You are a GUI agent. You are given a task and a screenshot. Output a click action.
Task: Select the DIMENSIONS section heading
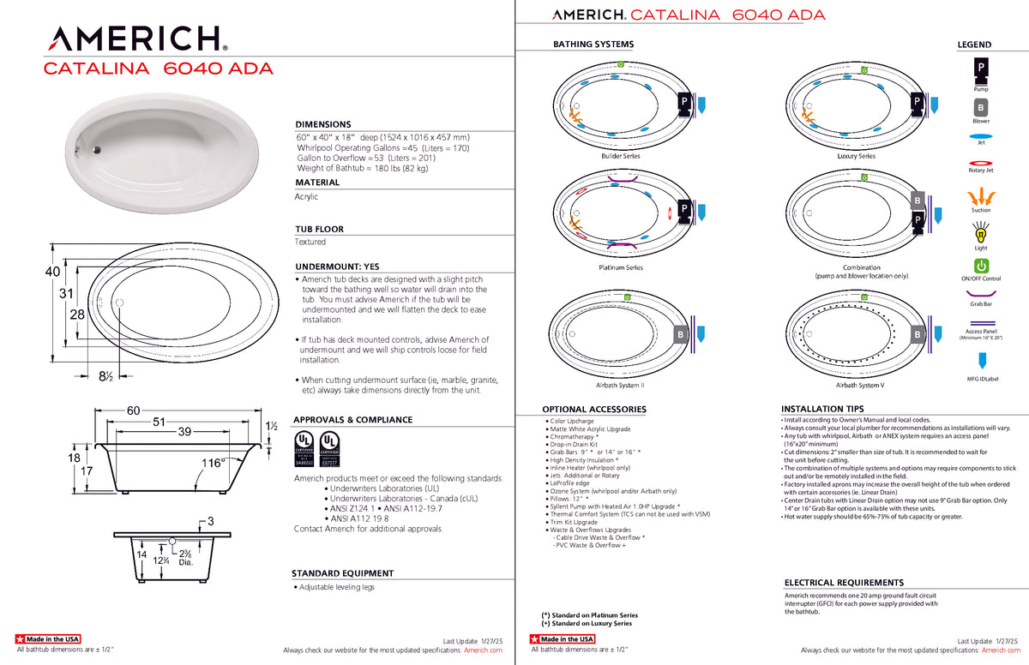click(323, 124)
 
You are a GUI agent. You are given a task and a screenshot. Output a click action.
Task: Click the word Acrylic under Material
click(307, 197)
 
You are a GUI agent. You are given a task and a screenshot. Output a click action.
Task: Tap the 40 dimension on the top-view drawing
click(52, 271)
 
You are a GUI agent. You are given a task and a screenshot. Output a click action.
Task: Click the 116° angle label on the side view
click(213, 463)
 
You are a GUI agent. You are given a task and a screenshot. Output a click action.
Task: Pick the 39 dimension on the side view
click(184, 432)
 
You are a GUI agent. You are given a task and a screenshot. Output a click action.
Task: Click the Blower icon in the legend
click(980, 108)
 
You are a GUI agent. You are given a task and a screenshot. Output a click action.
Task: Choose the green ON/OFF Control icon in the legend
click(981, 267)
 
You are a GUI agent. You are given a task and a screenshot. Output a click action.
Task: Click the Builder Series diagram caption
click(621, 156)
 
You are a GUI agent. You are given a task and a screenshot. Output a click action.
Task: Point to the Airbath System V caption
click(857, 386)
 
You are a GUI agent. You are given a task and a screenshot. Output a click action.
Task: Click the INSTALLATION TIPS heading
click(821, 410)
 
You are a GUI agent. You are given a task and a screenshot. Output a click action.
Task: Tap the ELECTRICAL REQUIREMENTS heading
click(844, 583)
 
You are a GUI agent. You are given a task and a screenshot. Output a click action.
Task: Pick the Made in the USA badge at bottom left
click(48, 639)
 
